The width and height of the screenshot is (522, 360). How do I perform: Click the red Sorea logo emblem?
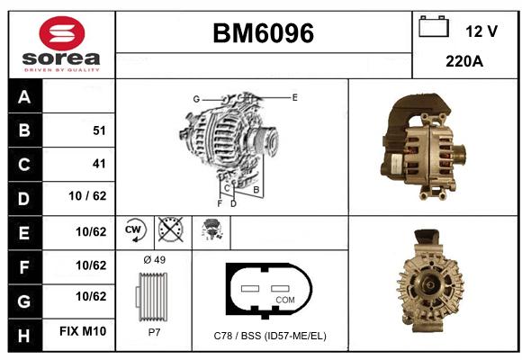62,33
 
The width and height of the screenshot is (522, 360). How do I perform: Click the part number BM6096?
263,33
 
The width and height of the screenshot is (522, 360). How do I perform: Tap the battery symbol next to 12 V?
434,26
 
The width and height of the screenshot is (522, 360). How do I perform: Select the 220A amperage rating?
464,61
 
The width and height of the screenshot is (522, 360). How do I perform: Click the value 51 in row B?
99,130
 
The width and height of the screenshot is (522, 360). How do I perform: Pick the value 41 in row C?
99,164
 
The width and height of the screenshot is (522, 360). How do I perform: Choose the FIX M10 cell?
83,331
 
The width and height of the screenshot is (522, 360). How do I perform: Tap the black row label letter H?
24,336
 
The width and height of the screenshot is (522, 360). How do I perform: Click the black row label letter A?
24,97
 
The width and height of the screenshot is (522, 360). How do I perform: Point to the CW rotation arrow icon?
134,229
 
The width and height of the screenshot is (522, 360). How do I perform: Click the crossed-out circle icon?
170,229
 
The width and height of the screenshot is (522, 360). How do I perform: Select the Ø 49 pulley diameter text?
155,260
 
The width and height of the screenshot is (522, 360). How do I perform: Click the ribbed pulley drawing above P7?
151,297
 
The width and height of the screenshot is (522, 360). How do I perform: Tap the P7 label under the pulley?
154,332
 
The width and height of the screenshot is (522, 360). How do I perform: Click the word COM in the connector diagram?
285,300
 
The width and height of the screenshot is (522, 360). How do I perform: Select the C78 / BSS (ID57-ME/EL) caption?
270,336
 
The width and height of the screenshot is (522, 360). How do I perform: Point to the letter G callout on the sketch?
196,99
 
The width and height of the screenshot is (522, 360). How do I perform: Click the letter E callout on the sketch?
294,97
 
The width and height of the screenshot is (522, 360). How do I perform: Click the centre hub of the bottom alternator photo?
430,284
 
